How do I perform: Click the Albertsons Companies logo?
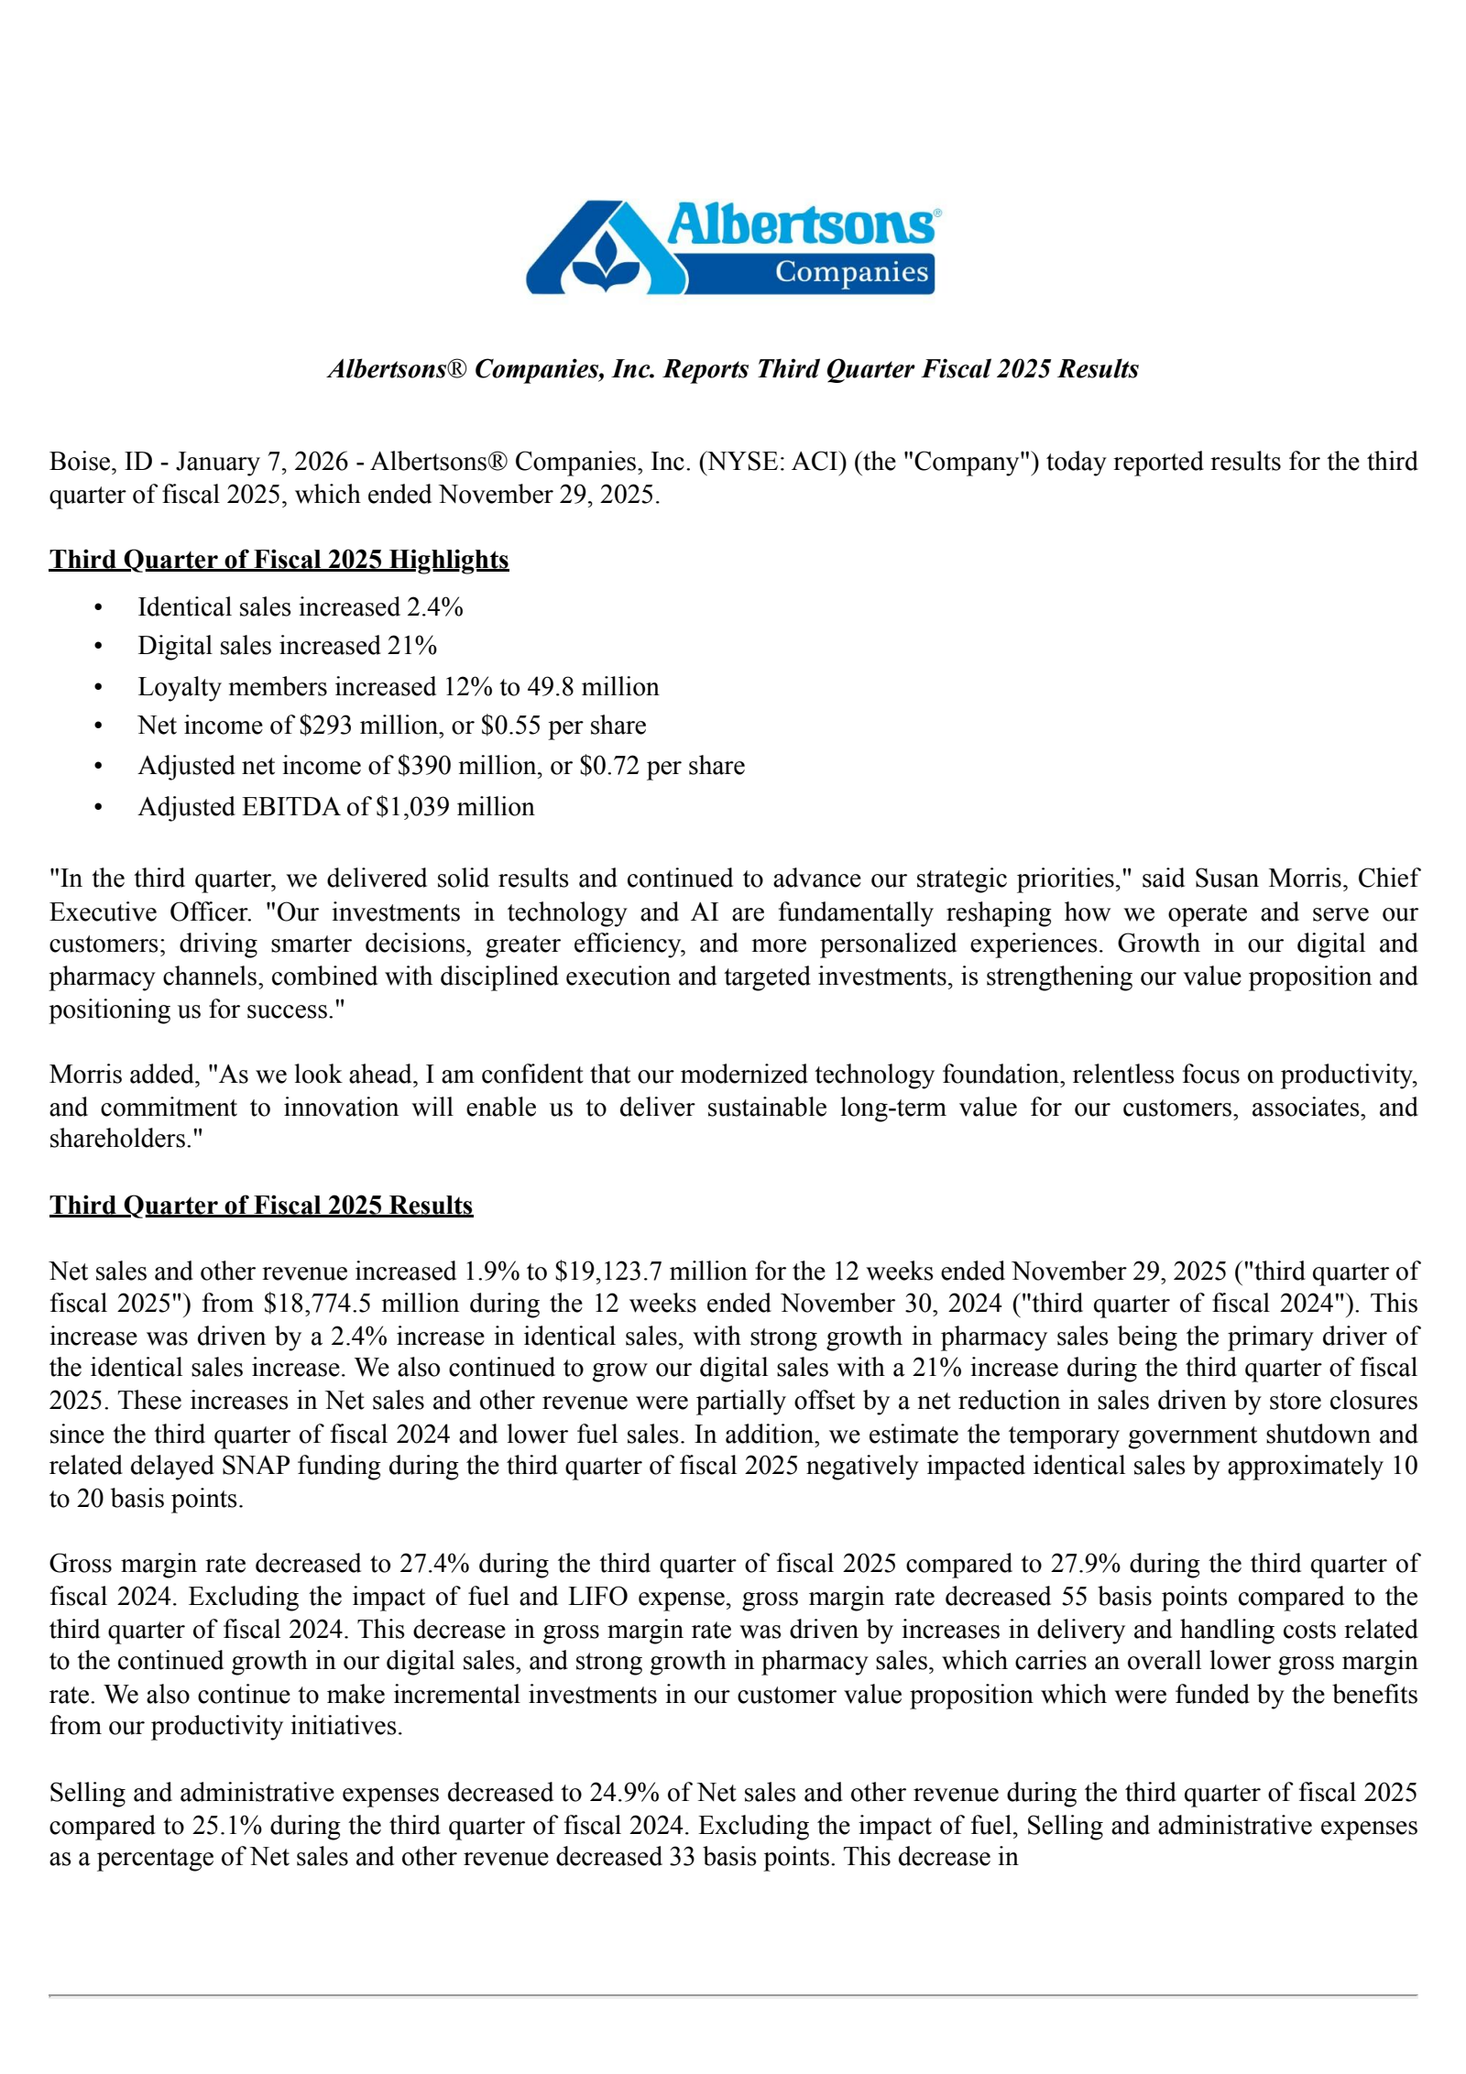(x=733, y=247)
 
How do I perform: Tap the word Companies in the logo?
(x=851, y=272)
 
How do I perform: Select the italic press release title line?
(x=733, y=369)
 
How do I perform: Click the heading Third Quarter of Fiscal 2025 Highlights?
(x=279, y=560)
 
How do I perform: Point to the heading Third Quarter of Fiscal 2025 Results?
(x=261, y=1205)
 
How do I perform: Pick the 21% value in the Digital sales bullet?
(x=412, y=646)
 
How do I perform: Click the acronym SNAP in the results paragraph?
(x=255, y=1466)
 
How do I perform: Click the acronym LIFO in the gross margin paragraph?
(x=597, y=1597)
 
